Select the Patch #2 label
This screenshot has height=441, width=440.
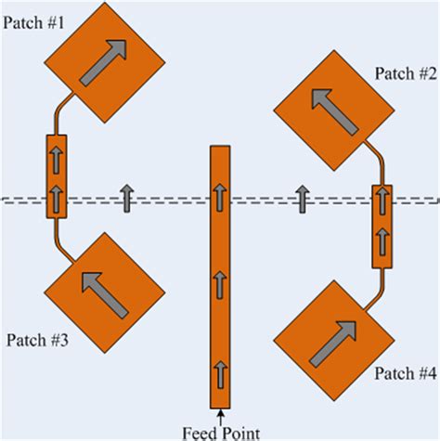[x=406, y=73]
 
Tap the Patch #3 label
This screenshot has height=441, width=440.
[x=36, y=340]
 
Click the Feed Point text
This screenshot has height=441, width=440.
[x=219, y=431]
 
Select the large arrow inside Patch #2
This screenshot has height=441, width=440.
[x=330, y=110]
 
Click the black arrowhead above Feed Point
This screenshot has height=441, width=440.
[x=220, y=414]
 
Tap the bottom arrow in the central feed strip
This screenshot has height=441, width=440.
[x=220, y=373]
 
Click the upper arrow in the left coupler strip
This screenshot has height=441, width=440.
[x=57, y=159]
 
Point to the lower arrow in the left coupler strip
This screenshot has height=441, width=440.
[x=57, y=196]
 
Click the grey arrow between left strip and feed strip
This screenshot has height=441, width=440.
[x=126, y=194]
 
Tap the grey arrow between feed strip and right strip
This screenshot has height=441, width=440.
[x=301, y=198]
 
